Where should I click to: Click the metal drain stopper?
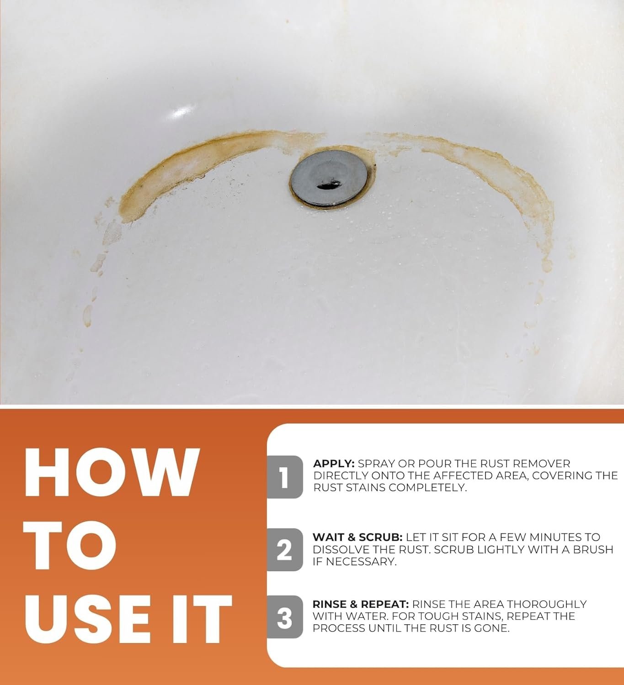coord(329,179)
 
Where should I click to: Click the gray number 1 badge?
coord(285,477)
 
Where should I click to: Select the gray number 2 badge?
coord(285,549)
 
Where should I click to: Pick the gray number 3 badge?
coord(285,616)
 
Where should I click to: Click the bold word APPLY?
coord(334,464)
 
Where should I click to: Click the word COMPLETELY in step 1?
coord(427,488)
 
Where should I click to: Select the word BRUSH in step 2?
coord(593,549)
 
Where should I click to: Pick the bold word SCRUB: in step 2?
coord(380,537)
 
